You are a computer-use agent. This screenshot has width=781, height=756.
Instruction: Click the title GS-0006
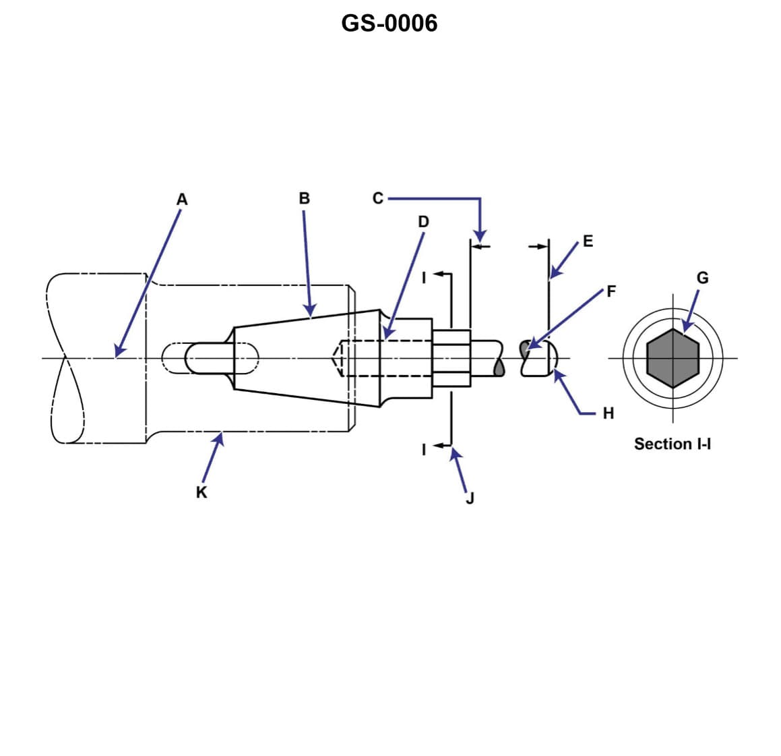(x=389, y=23)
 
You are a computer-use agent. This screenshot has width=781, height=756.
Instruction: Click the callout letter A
(x=182, y=200)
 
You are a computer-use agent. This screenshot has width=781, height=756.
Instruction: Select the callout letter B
(x=304, y=199)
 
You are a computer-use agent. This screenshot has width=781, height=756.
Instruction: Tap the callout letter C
(x=377, y=198)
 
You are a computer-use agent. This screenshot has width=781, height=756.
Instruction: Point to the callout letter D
(x=423, y=221)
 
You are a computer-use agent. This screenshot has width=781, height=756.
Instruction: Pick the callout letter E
(x=588, y=241)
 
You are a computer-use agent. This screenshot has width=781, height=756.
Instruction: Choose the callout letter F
(x=611, y=291)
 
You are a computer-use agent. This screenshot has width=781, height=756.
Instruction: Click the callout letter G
(x=702, y=278)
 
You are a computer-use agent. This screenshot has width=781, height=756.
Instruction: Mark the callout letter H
(x=608, y=413)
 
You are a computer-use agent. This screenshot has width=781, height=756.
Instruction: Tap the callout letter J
(x=470, y=498)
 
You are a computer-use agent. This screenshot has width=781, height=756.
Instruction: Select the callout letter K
(x=201, y=492)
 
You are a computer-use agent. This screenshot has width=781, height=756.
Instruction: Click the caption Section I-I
(x=673, y=444)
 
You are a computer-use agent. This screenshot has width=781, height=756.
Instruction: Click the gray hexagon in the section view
(x=673, y=358)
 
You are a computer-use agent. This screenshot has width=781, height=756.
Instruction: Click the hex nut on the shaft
(x=451, y=358)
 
